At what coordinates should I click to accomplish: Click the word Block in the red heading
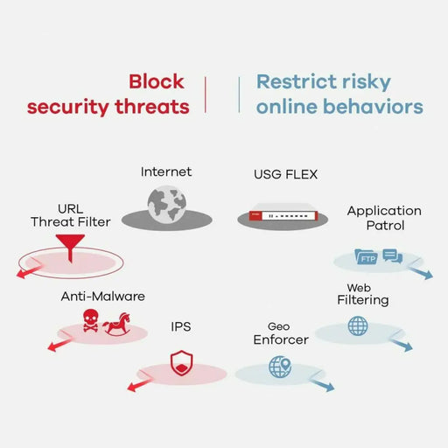tap(157, 81)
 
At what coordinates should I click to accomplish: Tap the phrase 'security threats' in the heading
tap(108, 107)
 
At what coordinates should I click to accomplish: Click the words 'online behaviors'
tap(339, 107)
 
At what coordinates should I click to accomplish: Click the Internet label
tap(166, 171)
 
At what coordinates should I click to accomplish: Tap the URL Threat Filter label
tap(70, 215)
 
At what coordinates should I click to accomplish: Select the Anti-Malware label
tap(102, 297)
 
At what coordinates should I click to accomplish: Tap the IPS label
tap(181, 327)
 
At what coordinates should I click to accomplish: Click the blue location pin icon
tap(279, 367)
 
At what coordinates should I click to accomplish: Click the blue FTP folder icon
tap(365, 257)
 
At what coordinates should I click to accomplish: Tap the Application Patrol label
tap(383, 217)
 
